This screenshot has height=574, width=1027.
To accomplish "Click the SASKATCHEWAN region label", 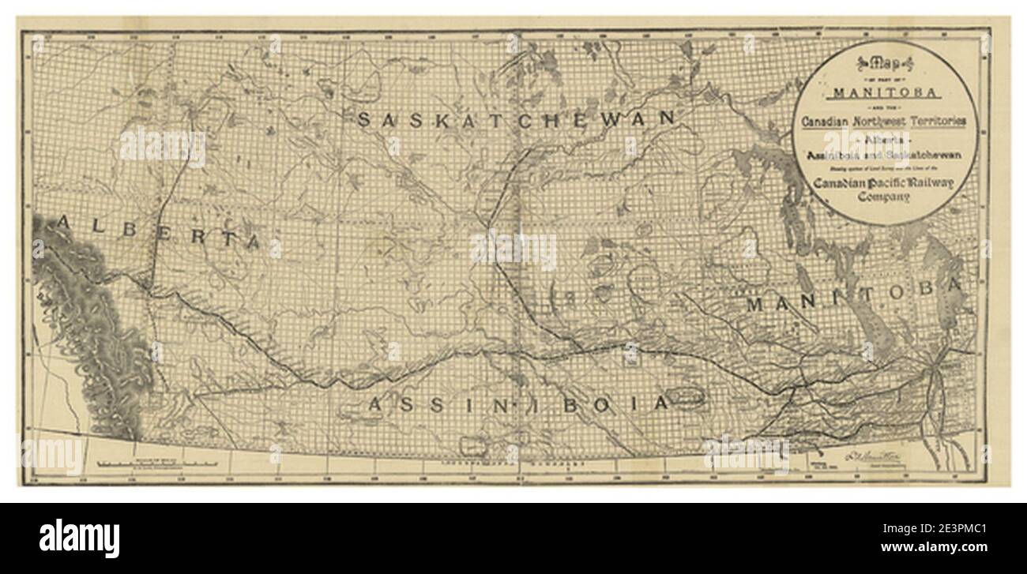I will point(518,119).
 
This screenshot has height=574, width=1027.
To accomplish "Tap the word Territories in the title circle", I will point(934,122).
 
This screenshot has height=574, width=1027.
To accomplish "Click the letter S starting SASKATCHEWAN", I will point(367,119).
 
